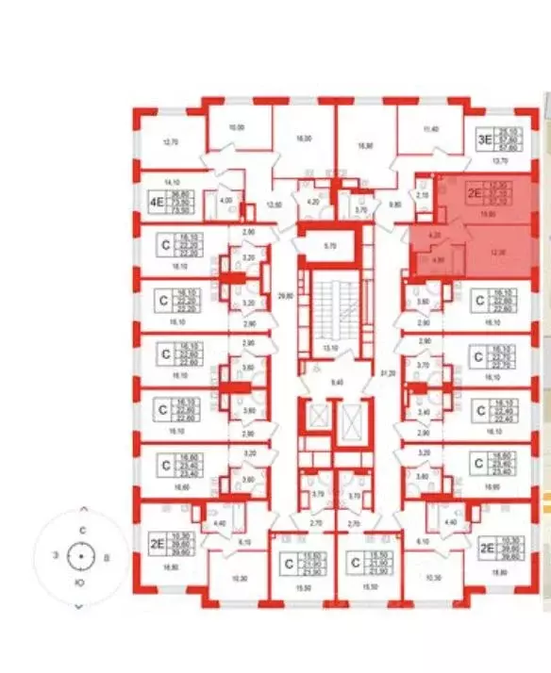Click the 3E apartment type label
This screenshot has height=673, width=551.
[483, 140]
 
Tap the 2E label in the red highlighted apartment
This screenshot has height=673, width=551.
[476, 195]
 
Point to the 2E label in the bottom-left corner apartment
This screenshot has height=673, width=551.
[156, 542]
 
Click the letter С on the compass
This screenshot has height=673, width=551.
[82, 531]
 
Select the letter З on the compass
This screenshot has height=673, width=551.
[55, 558]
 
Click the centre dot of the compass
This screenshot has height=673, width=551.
[82, 558]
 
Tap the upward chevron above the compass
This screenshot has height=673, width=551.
[82, 542]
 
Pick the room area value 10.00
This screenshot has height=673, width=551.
[238, 126]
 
